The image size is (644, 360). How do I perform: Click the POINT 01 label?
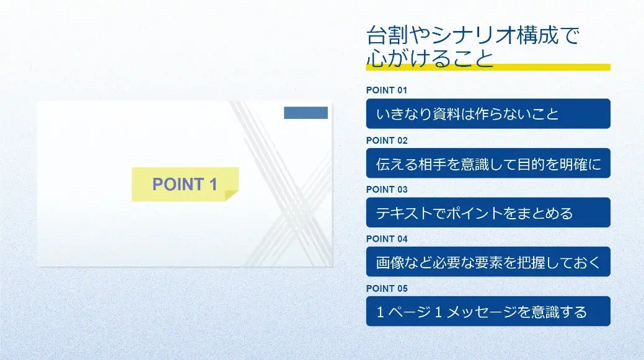(x=387, y=90)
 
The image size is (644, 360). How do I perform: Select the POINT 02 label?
(x=387, y=141)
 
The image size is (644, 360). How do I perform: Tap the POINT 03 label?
(x=387, y=190)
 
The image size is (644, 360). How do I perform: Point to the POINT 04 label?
(x=387, y=239)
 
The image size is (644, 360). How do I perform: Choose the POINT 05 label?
(x=387, y=289)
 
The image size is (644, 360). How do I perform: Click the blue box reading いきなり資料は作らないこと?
(x=488, y=114)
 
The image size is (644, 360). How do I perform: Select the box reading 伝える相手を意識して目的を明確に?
(x=488, y=164)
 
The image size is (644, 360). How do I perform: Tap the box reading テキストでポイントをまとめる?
(x=488, y=213)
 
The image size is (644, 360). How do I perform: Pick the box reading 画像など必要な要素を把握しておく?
(x=488, y=262)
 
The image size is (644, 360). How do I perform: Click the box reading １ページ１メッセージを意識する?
(x=488, y=312)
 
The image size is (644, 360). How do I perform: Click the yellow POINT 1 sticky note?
(x=185, y=184)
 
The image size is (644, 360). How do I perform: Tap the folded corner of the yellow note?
(x=232, y=195)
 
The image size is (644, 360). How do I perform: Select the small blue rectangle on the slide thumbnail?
(x=306, y=113)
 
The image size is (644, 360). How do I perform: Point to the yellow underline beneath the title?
(x=488, y=68)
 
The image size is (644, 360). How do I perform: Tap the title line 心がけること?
(x=430, y=58)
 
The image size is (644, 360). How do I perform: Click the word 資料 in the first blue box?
(x=446, y=114)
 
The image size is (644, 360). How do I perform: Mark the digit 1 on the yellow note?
(x=213, y=184)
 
